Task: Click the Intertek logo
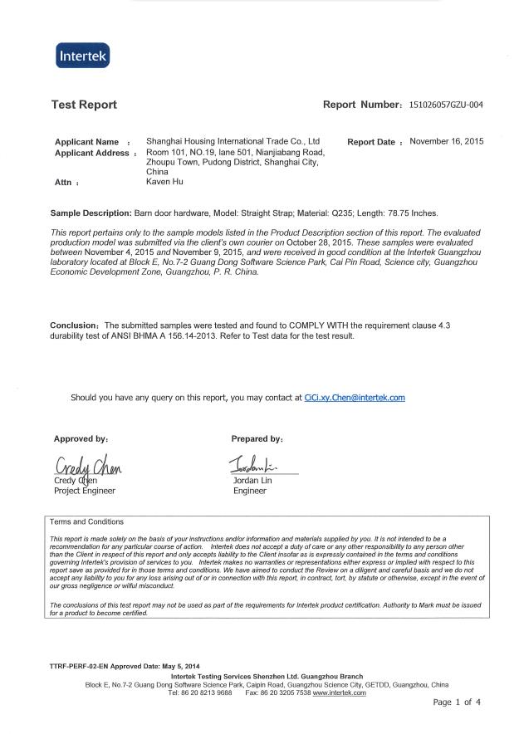click(82, 56)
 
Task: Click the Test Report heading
click(84, 105)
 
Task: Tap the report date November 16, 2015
click(447, 141)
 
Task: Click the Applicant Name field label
click(86, 142)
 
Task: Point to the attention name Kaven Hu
click(164, 181)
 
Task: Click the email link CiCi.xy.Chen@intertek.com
click(355, 398)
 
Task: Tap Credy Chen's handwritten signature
click(88, 467)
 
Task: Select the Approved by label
click(81, 438)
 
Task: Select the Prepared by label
click(257, 438)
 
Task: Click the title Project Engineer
click(85, 491)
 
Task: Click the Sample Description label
click(89, 213)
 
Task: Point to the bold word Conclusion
click(75, 326)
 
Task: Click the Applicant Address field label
click(91, 153)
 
